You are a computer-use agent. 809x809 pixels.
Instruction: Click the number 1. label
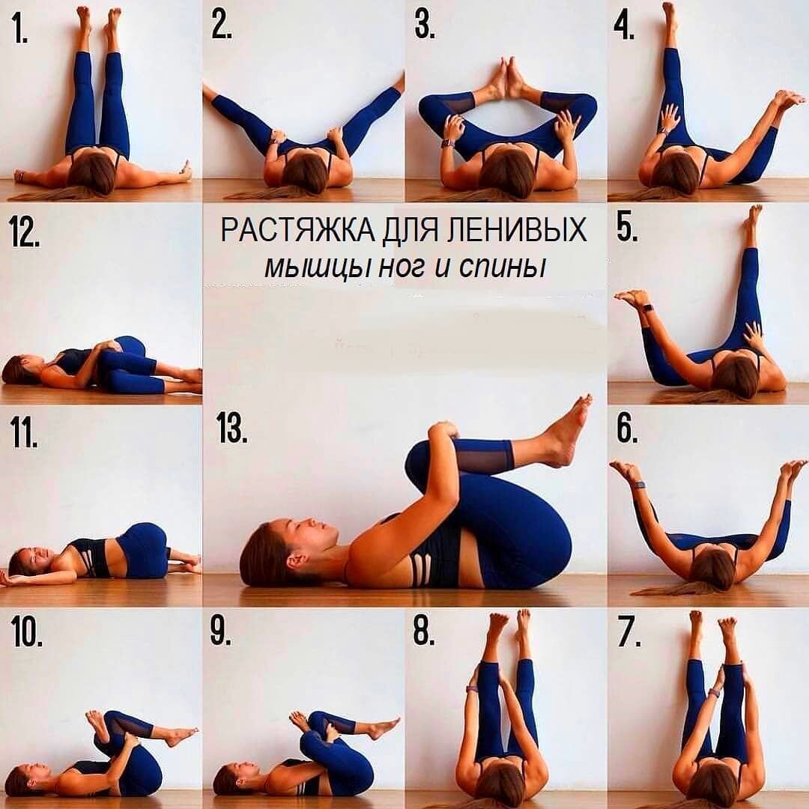click(19, 30)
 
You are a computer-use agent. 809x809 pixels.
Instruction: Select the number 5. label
click(628, 228)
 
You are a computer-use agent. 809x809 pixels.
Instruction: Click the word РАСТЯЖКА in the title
click(298, 230)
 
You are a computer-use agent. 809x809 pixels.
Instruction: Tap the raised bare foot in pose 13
click(569, 431)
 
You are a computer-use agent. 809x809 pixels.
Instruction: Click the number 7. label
click(629, 632)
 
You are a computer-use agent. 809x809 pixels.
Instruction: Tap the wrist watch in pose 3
click(446, 142)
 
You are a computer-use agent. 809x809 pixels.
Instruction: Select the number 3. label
click(425, 25)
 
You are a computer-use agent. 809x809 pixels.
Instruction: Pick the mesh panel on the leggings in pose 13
click(485, 456)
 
